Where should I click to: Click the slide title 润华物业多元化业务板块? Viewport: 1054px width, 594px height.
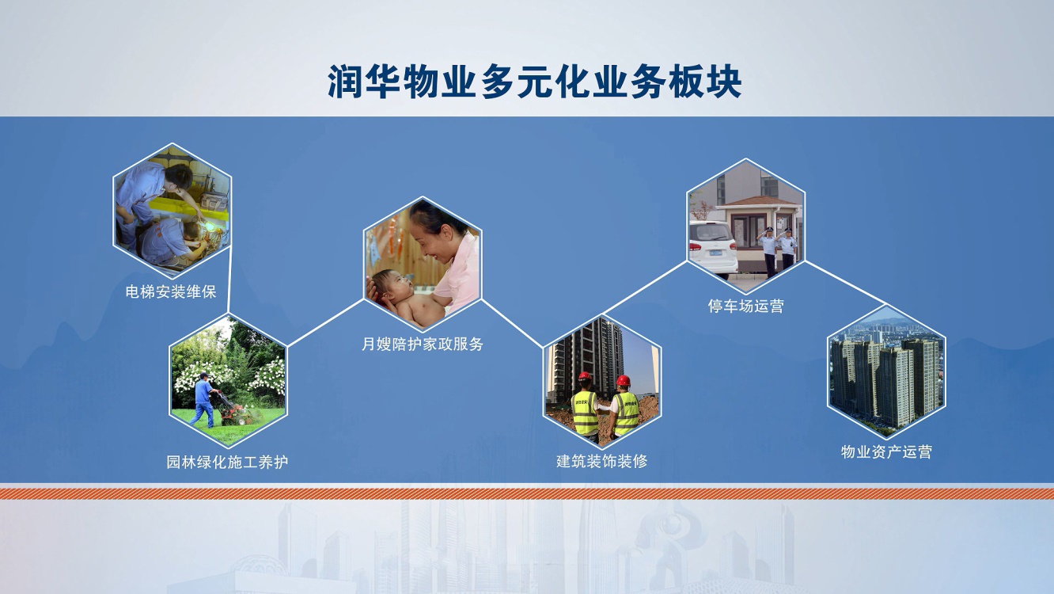[x=535, y=82]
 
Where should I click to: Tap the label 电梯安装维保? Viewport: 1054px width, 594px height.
[x=171, y=292]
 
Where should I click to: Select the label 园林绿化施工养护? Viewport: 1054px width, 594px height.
[x=227, y=462]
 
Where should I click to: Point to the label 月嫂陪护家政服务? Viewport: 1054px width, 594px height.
[x=422, y=344]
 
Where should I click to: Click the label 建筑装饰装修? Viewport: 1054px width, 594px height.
[x=602, y=461]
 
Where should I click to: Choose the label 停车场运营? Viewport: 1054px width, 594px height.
[x=746, y=307]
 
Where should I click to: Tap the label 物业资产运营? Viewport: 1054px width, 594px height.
[x=886, y=451]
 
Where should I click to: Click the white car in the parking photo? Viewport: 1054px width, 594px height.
[x=712, y=249]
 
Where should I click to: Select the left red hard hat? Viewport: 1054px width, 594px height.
[x=585, y=376]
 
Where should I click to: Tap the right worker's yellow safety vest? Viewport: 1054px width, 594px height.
[x=626, y=413]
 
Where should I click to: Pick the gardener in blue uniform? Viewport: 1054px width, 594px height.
[x=204, y=400]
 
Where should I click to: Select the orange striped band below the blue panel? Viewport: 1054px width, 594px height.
[x=527, y=493]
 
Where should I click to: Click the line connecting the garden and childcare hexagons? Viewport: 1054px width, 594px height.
[x=325, y=323]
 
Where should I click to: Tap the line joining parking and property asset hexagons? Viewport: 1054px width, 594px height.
[x=846, y=283]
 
